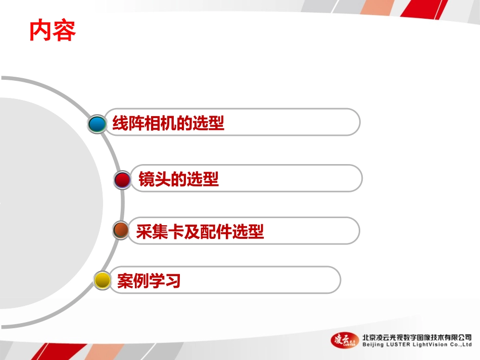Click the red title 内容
[x=53, y=30]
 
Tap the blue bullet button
[x=97, y=124]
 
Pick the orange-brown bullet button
[x=120, y=231]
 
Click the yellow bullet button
[x=103, y=280]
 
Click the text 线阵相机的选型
[x=168, y=123]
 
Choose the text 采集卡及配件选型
[x=200, y=232]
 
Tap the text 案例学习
[x=149, y=281]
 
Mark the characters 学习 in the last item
[x=165, y=281]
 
